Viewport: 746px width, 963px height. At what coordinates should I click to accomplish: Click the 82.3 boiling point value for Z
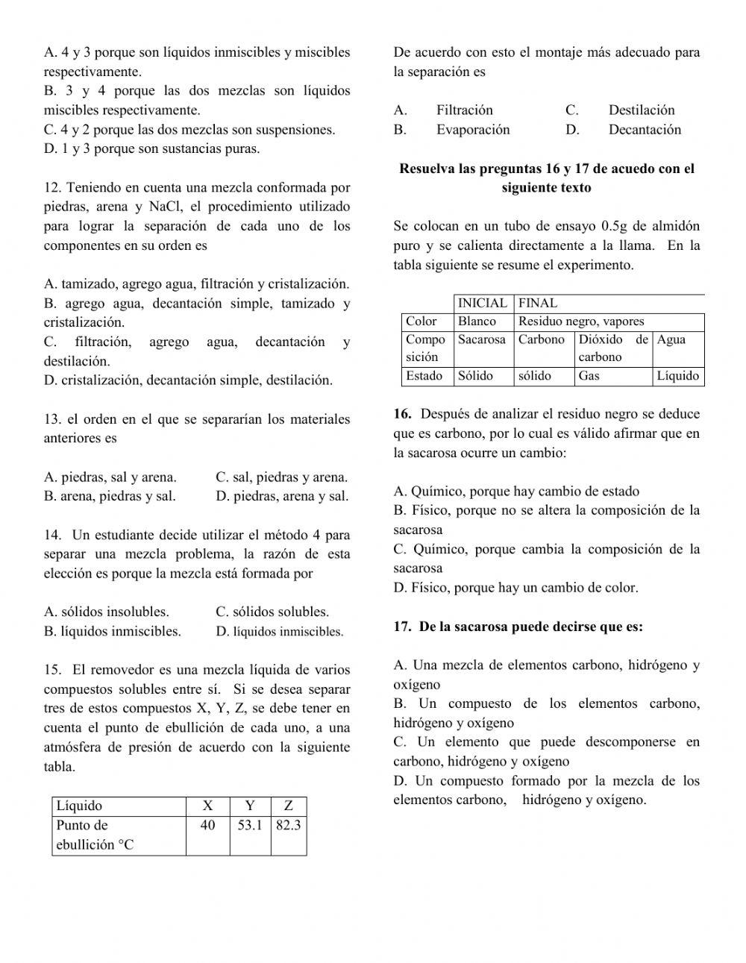click(x=288, y=825)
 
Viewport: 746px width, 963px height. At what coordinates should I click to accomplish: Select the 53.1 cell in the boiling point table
click(x=250, y=825)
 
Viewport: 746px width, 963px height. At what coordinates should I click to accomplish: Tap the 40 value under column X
click(x=207, y=825)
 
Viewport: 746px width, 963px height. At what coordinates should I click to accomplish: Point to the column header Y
click(x=250, y=806)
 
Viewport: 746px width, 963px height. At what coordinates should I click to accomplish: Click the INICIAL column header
click(x=482, y=303)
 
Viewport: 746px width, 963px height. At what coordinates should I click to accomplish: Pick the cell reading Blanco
click(x=477, y=321)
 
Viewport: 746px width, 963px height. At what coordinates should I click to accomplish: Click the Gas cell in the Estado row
click(x=589, y=376)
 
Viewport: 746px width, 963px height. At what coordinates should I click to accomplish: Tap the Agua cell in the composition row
click(x=671, y=339)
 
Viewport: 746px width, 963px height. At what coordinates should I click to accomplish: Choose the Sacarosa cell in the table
click(x=481, y=339)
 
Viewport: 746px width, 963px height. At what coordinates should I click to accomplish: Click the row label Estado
click(x=424, y=376)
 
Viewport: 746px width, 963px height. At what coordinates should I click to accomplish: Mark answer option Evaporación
click(x=473, y=130)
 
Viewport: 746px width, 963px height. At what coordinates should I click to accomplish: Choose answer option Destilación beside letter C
click(x=641, y=110)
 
